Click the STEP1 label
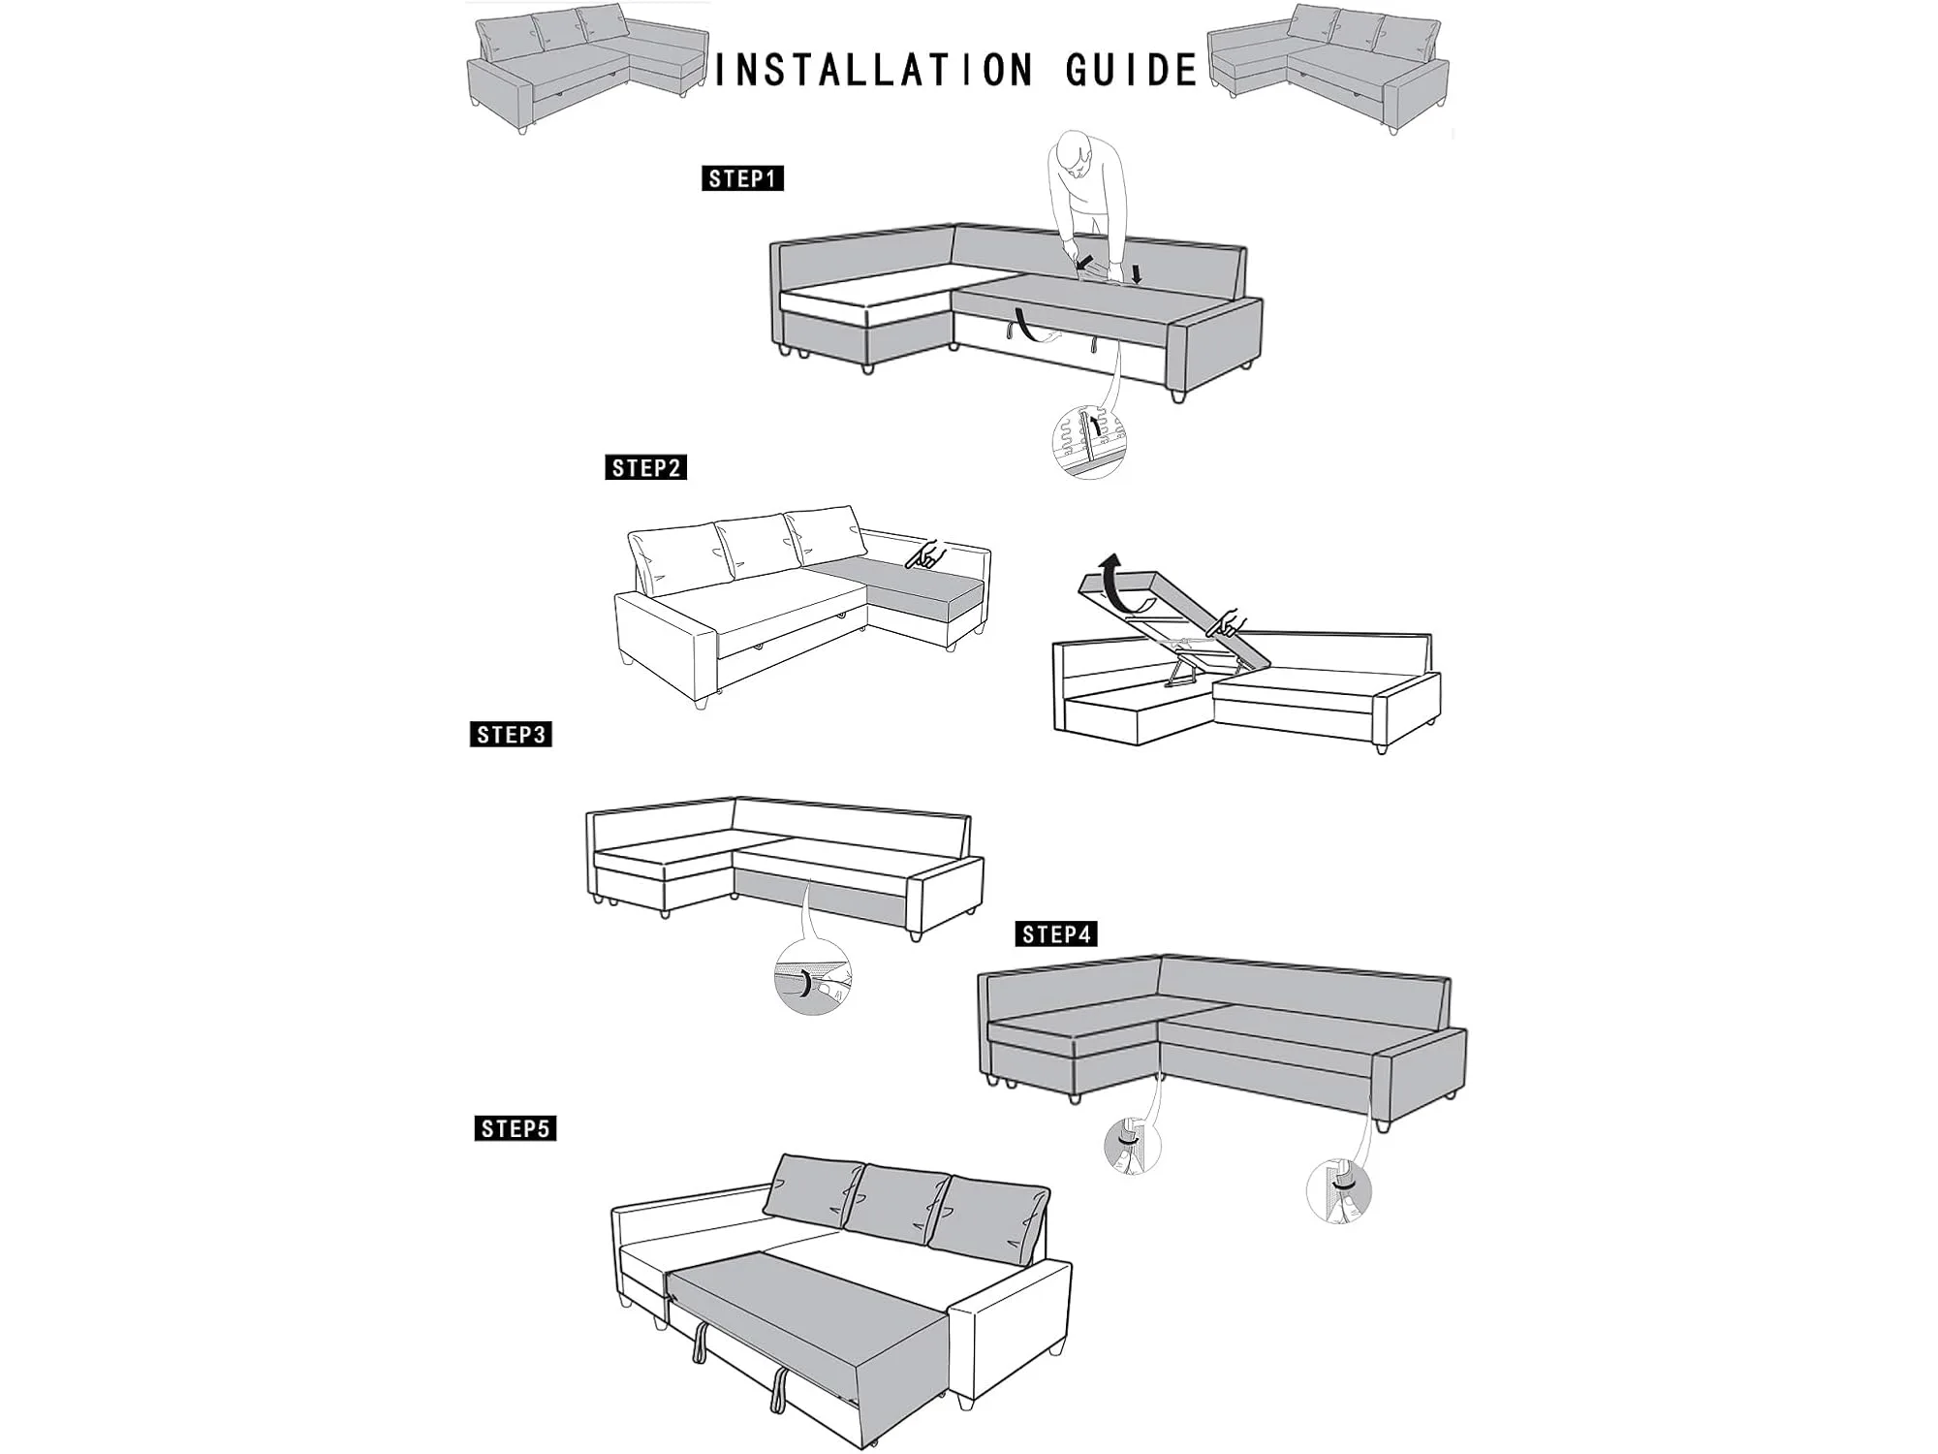point(742,178)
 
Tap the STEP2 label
point(646,468)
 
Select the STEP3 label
point(511,735)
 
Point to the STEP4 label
point(1056,934)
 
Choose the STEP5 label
point(516,1128)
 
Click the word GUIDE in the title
point(1132,71)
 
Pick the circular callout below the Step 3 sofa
point(812,976)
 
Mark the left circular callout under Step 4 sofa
point(1132,1145)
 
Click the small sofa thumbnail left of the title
point(588,68)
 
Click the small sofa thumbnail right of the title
point(1328,68)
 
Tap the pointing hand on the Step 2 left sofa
point(925,554)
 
